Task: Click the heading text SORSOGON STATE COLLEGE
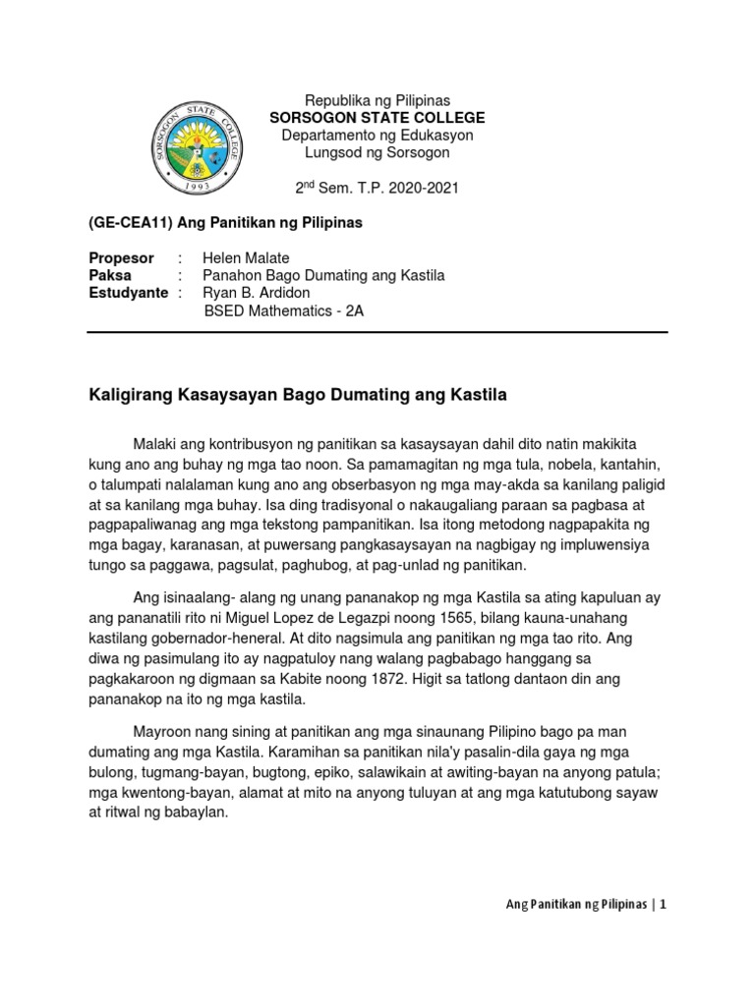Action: click(377, 118)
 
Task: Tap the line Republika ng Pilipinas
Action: click(377, 101)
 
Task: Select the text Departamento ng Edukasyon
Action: click(377, 135)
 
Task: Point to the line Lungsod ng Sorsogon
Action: click(377, 152)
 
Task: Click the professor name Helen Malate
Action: click(245, 258)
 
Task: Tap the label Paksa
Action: click(110, 276)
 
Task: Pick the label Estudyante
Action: click(128, 294)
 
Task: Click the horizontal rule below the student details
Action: click(377, 332)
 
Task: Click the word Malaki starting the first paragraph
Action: click(154, 445)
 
